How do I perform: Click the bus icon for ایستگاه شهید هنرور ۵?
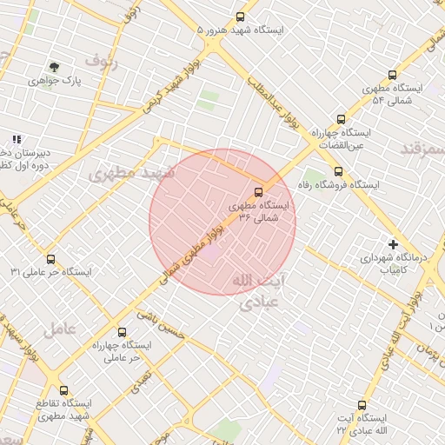pos(241,17)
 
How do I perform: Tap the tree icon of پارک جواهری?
pos(54,66)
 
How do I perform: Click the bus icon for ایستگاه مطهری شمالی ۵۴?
pos(392,76)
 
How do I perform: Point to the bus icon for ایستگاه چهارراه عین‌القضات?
pos(341,119)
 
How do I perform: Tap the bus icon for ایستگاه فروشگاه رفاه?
pos(338,171)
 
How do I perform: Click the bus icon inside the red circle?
pos(257,192)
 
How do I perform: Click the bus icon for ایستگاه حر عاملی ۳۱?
pos(50,259)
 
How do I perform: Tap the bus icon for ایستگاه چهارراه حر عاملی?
pos(121,332)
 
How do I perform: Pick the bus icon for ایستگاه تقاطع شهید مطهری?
pos(63,391)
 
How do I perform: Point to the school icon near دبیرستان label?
pos(17,138)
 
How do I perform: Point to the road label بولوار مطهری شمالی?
pos(192,252)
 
